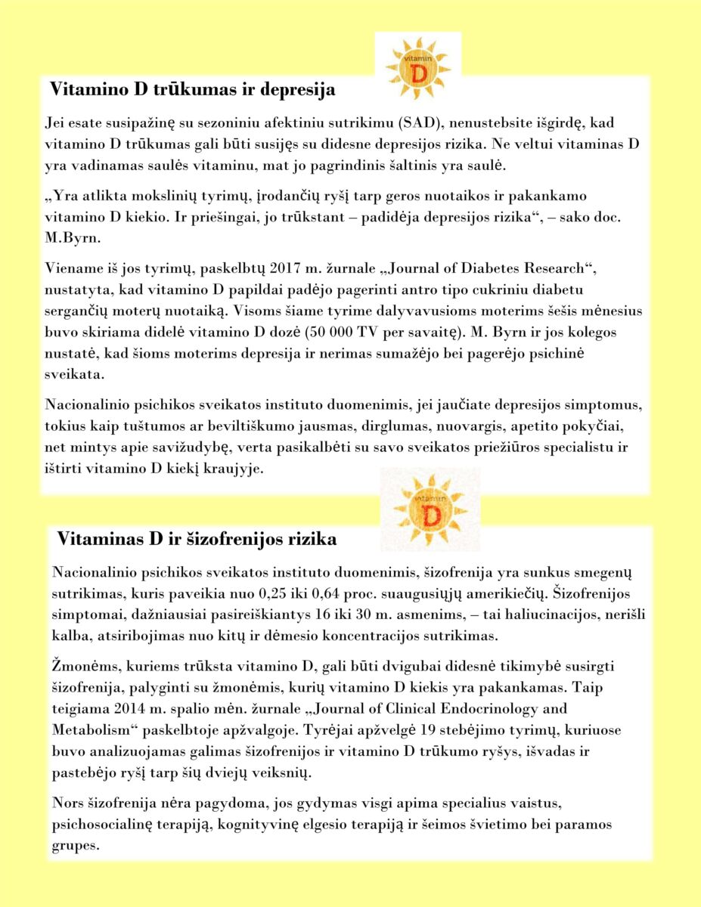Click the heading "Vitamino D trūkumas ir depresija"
point(192,89)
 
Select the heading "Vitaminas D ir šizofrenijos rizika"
point(197,540)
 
